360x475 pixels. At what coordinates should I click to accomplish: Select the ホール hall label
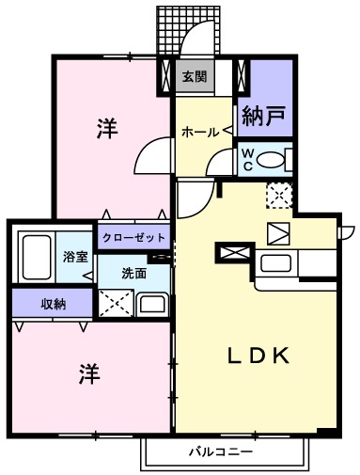[199, 133]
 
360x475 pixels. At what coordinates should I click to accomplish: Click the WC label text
[246, 157]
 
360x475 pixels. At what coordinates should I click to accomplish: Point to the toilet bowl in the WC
[272, 160]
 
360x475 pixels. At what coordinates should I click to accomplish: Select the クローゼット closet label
[134, 237]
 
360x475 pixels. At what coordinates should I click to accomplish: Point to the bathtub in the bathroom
[36, 256]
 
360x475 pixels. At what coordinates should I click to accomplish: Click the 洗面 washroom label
[134, 273]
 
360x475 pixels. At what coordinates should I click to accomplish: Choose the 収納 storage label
[53, 304]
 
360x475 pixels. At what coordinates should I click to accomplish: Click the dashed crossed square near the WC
[279, 196]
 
